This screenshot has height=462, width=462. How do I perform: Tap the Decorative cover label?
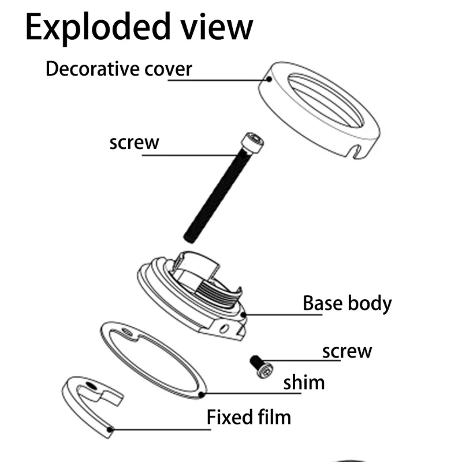click(x=118, y=69)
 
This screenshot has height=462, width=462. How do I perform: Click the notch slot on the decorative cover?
click(x=356, y=151)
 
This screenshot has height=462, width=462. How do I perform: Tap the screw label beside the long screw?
click(x=134, y=141)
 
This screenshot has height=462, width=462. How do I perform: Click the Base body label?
click(x=347, y=303)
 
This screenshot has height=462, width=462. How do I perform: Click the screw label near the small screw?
click(x=347, y=351)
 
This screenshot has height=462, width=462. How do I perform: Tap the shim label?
click(x=304, y=382)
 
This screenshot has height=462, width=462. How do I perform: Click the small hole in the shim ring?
click(x=126, y=331)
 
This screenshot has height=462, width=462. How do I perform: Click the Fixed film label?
click(x=249, y=416)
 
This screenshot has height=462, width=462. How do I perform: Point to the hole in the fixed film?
click(x=90, y=384)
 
